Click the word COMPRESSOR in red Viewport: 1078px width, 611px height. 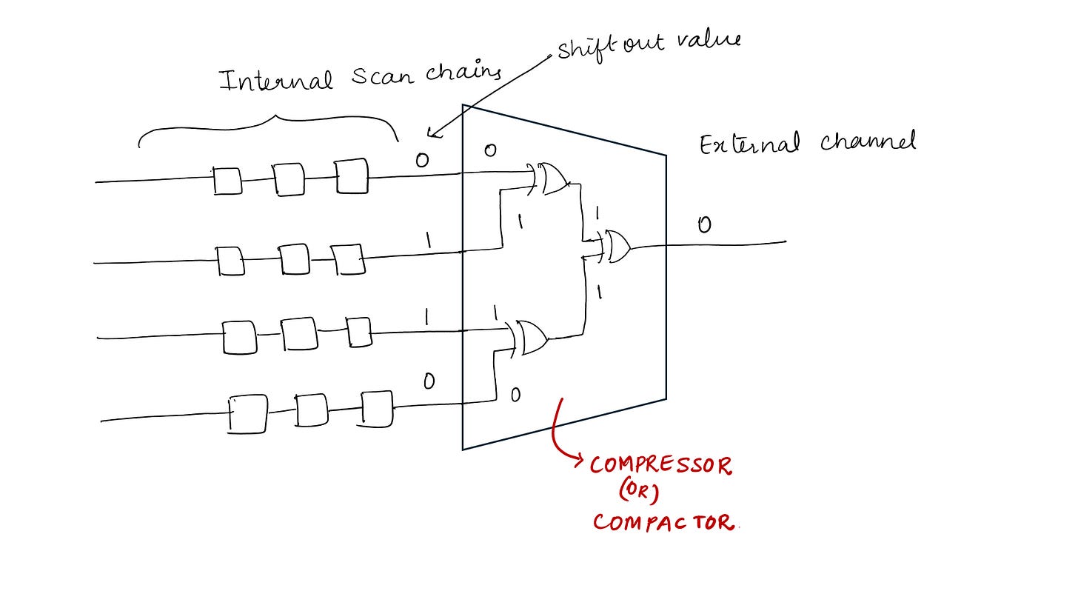(x=660, y=466)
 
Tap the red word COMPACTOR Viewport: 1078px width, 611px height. (x=663, y=522)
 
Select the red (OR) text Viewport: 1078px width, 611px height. (x=638, y=493)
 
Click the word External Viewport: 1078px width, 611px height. (x=749, y=144)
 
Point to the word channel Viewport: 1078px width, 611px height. (x=868, y=141)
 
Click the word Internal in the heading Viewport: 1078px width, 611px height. (x=276, y=79)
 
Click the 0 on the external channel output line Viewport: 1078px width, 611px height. (x=704, y=224)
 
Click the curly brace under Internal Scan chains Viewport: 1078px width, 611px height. (x=269, y=127)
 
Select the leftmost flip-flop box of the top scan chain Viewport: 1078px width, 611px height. (x=228, y=181)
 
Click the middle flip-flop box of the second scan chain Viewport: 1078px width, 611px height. (x=294, y=259)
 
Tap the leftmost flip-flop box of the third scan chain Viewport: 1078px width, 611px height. (x=239, y=338)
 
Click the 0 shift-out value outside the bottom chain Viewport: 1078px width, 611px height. (x=429, y=382)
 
